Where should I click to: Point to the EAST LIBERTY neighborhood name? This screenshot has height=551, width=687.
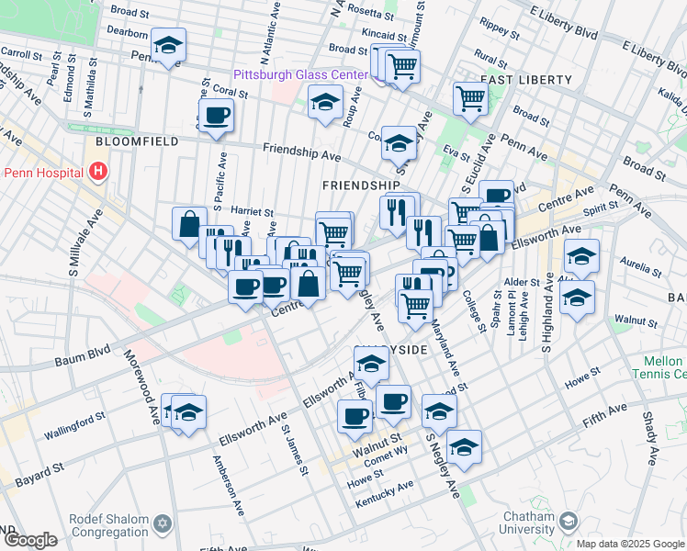tap(527, 80)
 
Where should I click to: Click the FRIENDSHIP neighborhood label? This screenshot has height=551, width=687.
tap(360, 186)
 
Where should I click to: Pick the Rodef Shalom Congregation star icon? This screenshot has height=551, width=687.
tap(163, 523)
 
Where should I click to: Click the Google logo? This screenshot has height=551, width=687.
tap(31, 540)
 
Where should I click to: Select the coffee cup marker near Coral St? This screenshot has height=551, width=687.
tap(217, 116)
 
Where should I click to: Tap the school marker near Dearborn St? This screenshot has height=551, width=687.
tap(169, 45)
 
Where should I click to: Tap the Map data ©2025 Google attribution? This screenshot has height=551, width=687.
tap(630, 544)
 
